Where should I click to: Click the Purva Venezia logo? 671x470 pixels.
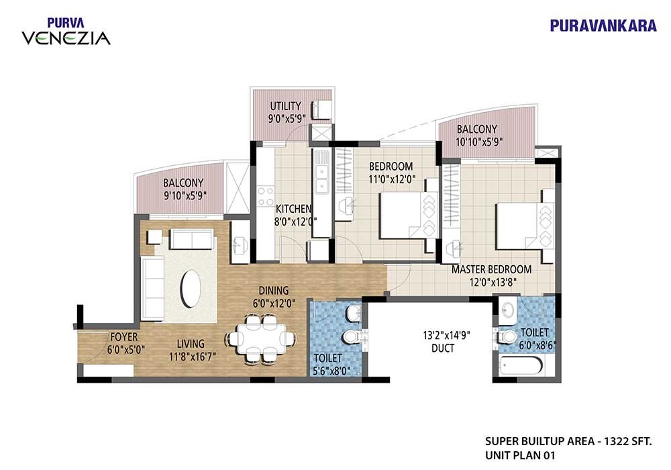click(x=66, y=32)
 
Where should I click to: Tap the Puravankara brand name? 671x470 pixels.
click(x=603, y=26)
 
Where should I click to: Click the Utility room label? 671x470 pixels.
click(x=285, y=105)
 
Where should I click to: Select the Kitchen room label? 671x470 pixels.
click(x=293, y=209)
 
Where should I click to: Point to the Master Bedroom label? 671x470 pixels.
click(x=492, y=269)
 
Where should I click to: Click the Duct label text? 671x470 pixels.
click(x=443, y=348)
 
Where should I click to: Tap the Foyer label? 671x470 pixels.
click(x=124, y=336)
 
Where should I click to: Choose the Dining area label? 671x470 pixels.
click(x=274, y=291)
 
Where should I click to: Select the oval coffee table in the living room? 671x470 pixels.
click(x=191, y=287)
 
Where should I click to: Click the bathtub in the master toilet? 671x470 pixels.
click(x=521, y=365)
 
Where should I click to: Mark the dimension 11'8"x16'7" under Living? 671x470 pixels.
click(x=192, y=356)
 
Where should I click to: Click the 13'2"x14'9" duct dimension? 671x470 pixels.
click(x=446, y=335)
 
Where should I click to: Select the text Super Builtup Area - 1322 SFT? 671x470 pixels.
click(x=568, y=441)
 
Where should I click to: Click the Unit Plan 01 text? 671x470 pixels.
click(x=520, y=455)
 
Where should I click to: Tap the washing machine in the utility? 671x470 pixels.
click(x=321, y=109)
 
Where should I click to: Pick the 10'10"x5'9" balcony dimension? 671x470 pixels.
click(x=479, y=142)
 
